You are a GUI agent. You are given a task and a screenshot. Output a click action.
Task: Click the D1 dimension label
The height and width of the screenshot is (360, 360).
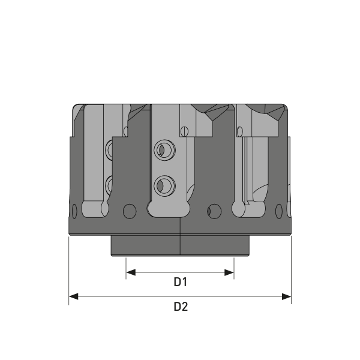(181, 281)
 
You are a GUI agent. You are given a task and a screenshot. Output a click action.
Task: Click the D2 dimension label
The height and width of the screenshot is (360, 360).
(181, 306)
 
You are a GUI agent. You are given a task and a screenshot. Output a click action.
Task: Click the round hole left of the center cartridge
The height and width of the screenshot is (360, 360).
(128, 211)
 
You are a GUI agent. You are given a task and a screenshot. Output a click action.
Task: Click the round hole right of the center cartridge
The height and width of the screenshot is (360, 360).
(212, 211)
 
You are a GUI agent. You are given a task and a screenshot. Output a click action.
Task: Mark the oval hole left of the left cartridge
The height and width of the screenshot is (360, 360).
(74, 212)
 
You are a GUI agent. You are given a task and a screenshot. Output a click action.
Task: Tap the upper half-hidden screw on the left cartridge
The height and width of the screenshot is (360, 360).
(110, 149)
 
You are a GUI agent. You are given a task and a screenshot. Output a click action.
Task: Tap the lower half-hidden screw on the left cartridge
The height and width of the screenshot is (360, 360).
(110, 182)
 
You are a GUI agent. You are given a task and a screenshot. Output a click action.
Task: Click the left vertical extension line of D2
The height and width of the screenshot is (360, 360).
(69, 270)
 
